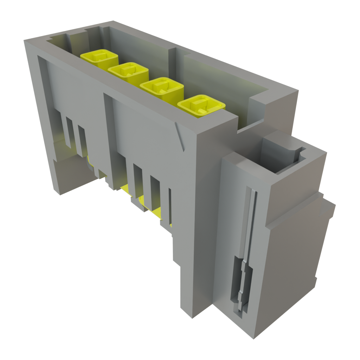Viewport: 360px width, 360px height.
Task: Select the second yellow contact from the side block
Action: (x=162, y=86)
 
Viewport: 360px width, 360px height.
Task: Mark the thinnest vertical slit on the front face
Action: (x=170, y=206)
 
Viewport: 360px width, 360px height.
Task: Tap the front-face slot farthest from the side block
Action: (x=69, y=132)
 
